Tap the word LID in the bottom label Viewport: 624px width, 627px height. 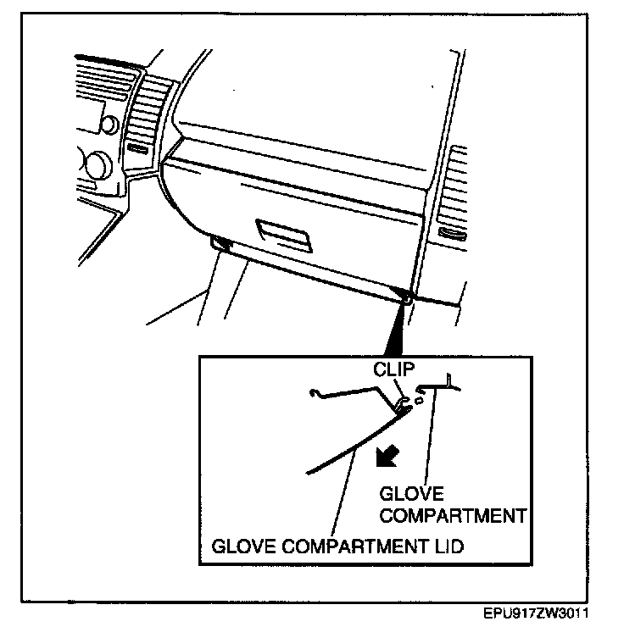(448, 547)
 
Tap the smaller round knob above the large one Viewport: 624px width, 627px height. (108, 125)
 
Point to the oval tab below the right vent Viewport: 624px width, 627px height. (453, 234)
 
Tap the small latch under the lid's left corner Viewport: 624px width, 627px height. (220, 245)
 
